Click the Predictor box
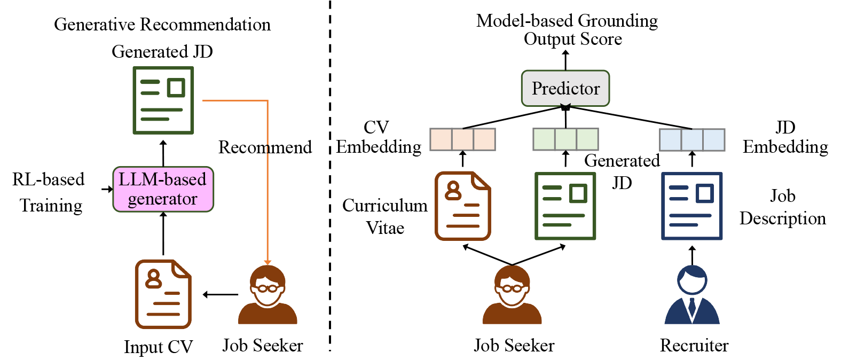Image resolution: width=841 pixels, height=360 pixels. [565, 88]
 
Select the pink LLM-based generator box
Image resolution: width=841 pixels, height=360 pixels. [163, 189]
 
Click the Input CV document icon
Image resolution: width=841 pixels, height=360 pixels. [163, 294]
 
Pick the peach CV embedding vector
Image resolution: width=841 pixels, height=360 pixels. [462, 139]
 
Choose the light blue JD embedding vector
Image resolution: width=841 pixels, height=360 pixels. [692, 139]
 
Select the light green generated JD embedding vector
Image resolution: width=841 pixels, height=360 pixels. [565, 139]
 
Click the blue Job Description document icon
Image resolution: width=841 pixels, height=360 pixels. [692, 206]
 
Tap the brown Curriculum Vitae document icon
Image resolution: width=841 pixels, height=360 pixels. [462, 206]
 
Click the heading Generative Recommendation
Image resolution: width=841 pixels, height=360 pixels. [162, 25]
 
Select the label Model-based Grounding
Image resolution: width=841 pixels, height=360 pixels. [567, 21]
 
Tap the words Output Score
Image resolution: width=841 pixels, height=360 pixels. [572, 39]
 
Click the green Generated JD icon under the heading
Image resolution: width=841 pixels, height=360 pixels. [163, 100]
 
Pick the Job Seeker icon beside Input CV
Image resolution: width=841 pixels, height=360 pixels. [268, 295]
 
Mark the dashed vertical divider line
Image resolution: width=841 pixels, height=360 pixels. [330, 176]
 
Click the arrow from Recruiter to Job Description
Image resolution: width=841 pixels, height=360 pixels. [692, 255]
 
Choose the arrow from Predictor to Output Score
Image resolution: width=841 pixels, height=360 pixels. [565, 60]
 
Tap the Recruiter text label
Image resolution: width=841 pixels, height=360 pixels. [694, 346]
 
